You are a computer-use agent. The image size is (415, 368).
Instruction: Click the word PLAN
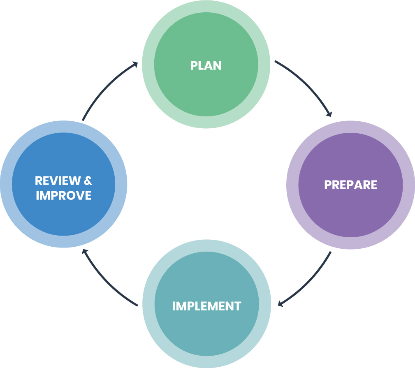pos(206,65)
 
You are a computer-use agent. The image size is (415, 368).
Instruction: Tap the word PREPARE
pos(350,185)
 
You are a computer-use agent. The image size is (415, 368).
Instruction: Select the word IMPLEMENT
pos(206,306)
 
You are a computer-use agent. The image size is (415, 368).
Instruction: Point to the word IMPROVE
pos(63,195)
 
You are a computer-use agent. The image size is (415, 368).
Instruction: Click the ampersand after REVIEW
pos(87,181)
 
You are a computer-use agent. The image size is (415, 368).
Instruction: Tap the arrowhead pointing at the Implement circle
pos(281,303)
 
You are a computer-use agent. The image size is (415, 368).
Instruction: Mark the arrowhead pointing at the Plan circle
pos(134,64)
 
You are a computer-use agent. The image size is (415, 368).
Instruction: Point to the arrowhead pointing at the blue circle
pos(84,251)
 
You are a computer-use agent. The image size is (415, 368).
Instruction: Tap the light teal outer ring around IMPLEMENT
pos(206,362)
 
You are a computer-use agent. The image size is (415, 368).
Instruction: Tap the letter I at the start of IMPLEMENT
pos(174,306)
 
